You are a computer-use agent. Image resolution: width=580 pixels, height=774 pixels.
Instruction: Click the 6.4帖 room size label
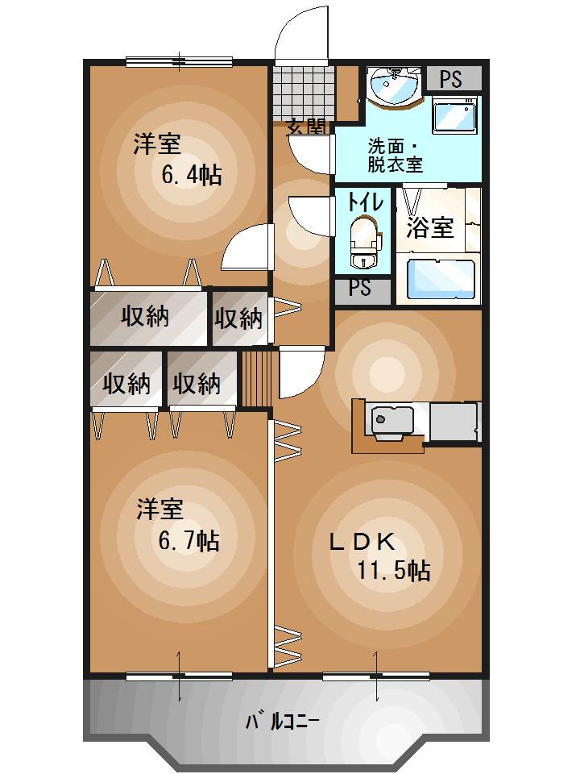click(192, 175)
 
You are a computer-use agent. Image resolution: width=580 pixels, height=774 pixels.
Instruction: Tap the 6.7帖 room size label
click(188, 539)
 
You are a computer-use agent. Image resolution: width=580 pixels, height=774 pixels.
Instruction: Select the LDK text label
click(360, 541)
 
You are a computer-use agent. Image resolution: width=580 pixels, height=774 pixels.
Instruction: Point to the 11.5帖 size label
click(393, 571)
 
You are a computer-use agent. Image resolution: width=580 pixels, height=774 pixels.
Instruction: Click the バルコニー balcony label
click(283, 721)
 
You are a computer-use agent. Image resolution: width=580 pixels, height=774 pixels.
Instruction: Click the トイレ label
click(364, 202)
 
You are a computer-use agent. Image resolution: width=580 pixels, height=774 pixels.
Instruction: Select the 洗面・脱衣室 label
click(395, 156)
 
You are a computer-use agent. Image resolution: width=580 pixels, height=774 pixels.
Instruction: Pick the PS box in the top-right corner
click(451, 79)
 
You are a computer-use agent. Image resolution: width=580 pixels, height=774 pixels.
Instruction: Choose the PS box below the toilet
click(360, 289)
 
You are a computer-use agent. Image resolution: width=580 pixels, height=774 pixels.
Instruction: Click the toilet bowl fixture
click(363, 241)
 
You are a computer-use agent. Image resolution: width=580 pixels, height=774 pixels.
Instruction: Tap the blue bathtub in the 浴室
click(439, 278)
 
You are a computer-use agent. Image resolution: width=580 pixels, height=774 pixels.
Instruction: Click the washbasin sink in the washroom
click(393, 85)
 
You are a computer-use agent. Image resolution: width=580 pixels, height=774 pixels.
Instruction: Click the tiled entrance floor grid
click(303, 91)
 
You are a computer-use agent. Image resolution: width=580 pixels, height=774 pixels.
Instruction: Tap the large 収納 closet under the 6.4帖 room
click(147, 317)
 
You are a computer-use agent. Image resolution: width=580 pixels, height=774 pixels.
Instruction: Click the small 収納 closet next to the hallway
click(238, 318)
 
